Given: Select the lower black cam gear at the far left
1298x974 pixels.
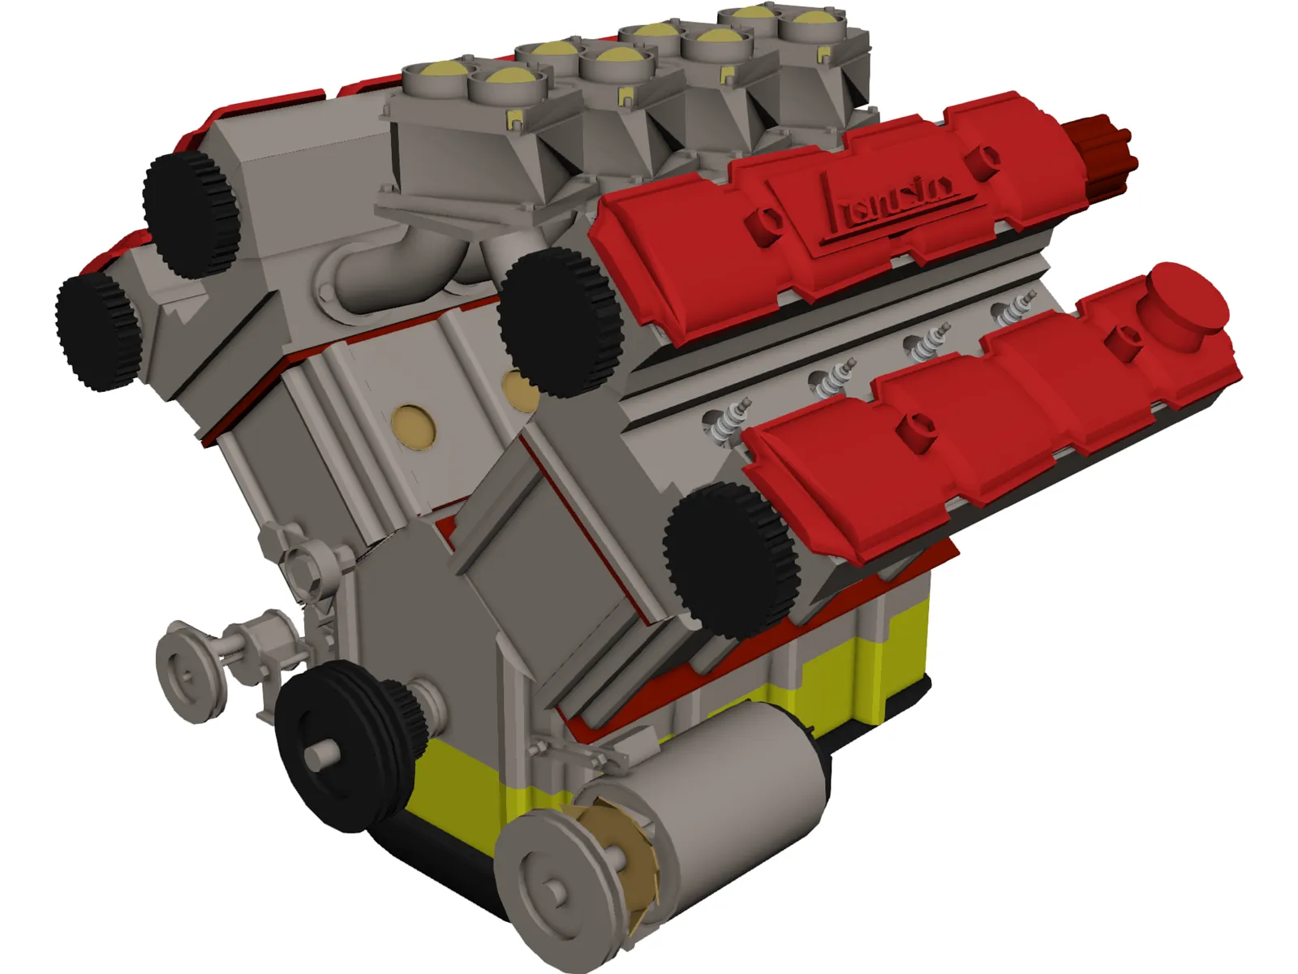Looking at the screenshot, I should (x=97, y=331).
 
